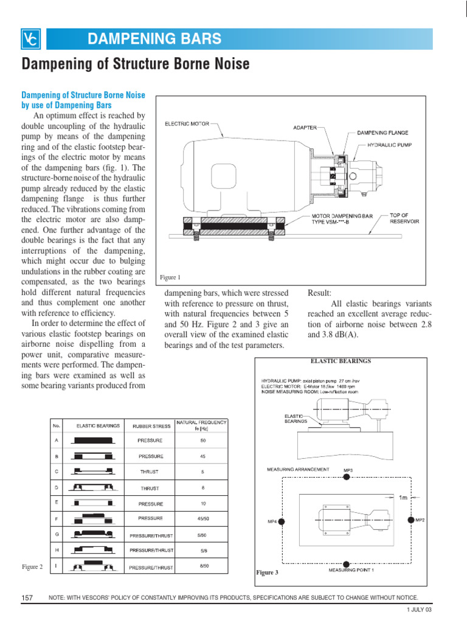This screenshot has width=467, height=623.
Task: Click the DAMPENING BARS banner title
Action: [x=154, y=40]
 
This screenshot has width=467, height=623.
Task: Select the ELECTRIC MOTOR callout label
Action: [x=187, y=124]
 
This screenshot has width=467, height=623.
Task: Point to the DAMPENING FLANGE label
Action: [x=382, y=132]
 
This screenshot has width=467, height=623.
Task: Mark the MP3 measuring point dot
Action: [x=347, y=478]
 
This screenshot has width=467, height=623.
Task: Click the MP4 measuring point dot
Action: [x=282, y=521]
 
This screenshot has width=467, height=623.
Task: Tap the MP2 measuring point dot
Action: [x=411, y=520]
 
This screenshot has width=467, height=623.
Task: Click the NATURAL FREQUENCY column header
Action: [x=202, y=425]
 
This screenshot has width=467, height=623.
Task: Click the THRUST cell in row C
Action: [x=150, y=472]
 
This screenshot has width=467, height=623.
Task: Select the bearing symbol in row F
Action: [x=92, y=518]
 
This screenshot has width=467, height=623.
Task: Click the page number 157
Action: [x=27, y=598]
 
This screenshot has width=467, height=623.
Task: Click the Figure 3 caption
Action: [x=267, y=573]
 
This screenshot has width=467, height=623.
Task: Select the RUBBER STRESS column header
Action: [x=150, y=425]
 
